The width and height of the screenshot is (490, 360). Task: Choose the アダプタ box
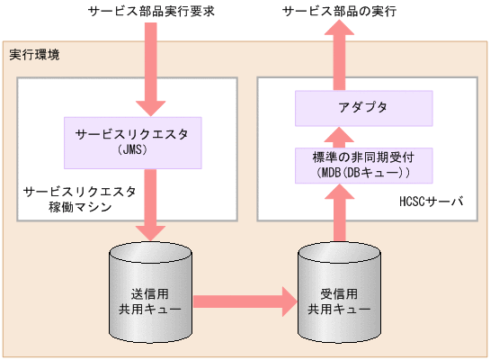[365, 108]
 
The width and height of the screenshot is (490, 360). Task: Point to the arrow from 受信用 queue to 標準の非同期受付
[340, 211]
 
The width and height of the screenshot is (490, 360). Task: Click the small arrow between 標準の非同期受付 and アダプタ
[340, 136]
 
